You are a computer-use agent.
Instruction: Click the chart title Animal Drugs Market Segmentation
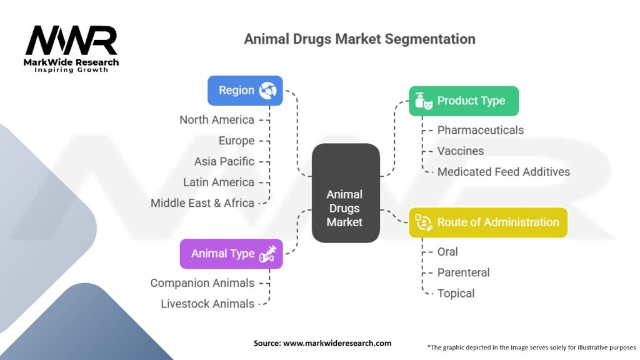(359, 39)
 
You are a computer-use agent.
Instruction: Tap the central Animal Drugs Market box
(345, 193)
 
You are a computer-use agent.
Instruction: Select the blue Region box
(244, 91)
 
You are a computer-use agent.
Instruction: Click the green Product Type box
(463, 101)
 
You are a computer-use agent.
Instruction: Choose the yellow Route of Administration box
(487, 222)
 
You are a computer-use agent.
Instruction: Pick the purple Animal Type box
(231, 254)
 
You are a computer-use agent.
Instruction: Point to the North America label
(216, 119)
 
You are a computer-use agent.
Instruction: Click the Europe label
(236, 141)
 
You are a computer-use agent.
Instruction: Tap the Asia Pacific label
(224, 161)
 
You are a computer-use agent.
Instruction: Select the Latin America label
(218, 182)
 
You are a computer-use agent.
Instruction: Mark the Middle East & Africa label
(202, 202)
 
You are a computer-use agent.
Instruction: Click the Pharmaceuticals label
(480, 130)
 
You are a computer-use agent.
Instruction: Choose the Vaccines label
(460, 151)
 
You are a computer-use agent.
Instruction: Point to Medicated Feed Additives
(503, 171)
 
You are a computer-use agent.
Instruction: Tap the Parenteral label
(463, 272)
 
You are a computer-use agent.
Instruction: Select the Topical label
(456, 293)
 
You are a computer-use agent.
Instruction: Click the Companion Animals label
(202, 282)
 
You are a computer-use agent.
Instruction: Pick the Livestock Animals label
(207, 304)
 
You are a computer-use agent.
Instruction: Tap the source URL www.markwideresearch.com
(337, 342)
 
